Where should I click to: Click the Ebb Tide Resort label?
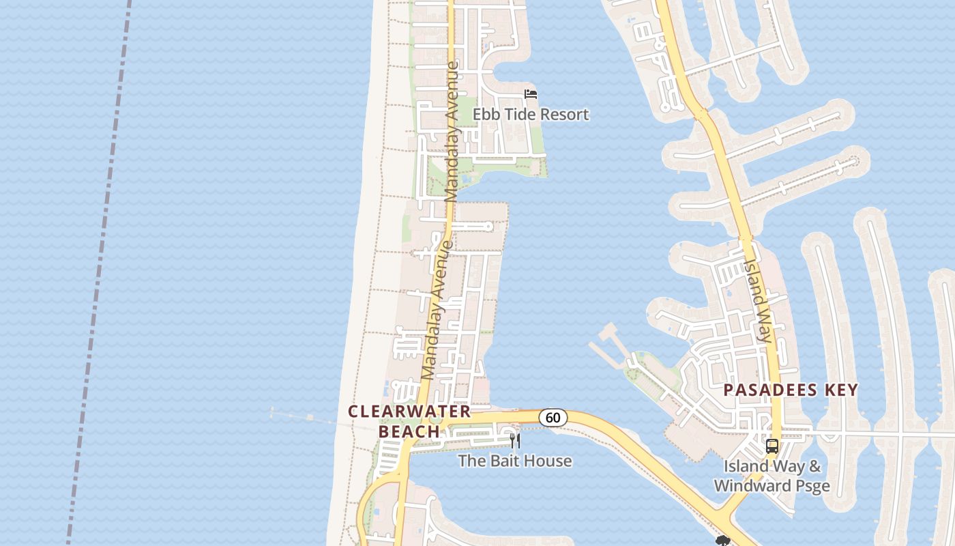point(531,114)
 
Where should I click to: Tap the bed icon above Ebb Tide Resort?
point(531,94)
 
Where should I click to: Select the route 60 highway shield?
point(553,417)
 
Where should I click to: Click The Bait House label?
point(514,461)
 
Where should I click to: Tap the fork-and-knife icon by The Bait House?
point(515,440)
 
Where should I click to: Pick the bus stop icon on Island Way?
point(772,446)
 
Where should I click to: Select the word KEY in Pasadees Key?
point(841,390)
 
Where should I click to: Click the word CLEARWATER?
point(409,412)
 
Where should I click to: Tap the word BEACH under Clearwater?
point(409,431)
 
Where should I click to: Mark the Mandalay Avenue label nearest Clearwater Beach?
point(437,311)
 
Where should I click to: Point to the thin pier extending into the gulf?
point(307,416)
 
